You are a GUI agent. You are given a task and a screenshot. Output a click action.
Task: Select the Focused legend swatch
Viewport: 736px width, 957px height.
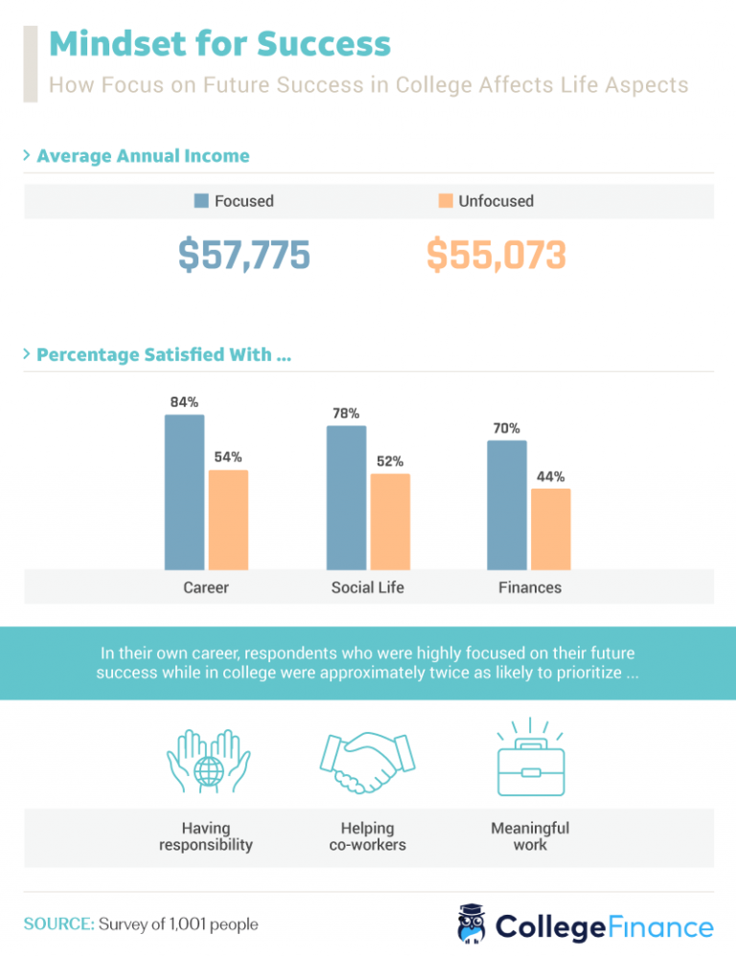click(201, 201)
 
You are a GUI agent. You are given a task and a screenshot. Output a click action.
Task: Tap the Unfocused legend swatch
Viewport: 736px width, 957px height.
click(445, 201)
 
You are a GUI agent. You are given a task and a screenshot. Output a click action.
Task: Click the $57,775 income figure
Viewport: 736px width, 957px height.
click(244, 255)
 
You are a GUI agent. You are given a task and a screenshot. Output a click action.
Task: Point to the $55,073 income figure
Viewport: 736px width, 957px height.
click(496, 255)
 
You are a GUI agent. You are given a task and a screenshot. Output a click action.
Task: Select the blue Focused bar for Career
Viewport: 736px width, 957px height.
click(184, 492)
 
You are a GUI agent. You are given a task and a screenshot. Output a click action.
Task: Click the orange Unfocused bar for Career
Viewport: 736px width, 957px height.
click(228, 520)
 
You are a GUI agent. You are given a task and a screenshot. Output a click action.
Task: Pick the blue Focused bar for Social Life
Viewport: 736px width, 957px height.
click(346, 498)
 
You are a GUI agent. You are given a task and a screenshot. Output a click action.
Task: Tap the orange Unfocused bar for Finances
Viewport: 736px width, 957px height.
click(550, 530)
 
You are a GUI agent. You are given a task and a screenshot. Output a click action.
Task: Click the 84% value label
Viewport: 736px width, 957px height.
click(184, 402)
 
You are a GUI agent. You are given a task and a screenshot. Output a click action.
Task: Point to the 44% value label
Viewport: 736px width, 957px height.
click(550, 476)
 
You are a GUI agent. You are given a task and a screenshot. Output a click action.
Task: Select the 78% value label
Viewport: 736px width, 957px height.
click(346, 414)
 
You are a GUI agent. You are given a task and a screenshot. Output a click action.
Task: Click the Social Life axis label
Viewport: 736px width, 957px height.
click(367, 587)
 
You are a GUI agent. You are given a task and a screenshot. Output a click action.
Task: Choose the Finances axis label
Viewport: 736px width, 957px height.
click(530, 587)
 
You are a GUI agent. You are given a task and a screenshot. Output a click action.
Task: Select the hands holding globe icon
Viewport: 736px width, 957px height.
click(206, 760)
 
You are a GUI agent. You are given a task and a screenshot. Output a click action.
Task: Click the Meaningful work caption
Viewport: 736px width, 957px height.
click(530, 836)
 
